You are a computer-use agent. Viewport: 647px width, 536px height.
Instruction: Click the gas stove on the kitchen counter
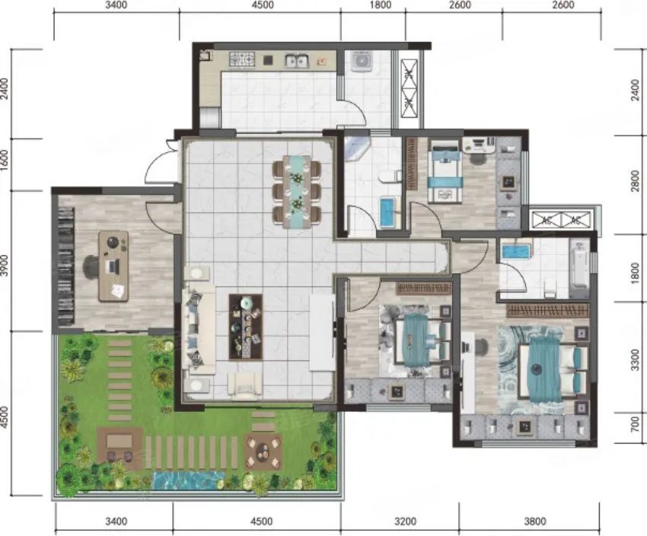click(x=242, y=60)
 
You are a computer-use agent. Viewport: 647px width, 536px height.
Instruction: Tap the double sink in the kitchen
click(x=296, y=61)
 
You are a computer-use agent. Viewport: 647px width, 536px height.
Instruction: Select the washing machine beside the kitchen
click(x=362, y=60)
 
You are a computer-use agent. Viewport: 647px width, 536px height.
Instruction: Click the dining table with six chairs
click(x=297, y=191)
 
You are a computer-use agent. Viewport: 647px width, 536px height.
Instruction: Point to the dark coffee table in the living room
click(x=246, y=327)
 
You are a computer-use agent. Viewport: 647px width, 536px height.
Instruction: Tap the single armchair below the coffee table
click(x=245, y=385)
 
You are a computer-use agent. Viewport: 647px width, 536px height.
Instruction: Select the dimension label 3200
click(x=405, y=522)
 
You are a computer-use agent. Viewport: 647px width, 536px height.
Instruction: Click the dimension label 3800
click(x=535, y=522)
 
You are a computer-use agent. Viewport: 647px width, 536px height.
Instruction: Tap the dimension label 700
click(x=636, y=425)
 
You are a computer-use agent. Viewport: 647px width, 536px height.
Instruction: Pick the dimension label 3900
click(x=5, y=266)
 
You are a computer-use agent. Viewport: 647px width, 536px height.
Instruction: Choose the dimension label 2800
click(x=636, y=181)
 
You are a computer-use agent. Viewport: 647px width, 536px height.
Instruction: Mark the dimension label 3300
click(x=636, y=359)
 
